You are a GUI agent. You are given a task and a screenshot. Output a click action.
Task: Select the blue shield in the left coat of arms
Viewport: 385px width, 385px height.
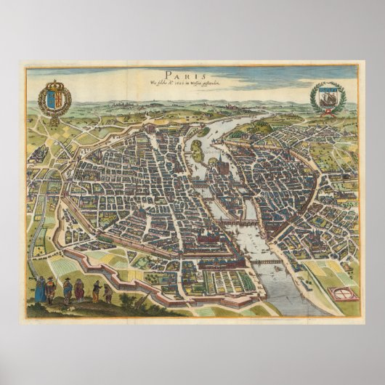(51, 97)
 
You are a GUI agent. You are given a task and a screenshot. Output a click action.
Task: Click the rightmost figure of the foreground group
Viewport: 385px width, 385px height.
(108, 292)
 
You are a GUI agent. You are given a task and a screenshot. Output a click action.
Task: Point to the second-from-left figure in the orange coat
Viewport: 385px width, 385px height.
(51, 290)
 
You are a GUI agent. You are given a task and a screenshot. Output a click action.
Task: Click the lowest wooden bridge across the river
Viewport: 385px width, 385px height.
(266, 261)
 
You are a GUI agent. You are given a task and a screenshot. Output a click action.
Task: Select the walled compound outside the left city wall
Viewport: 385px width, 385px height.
(40, 153)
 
